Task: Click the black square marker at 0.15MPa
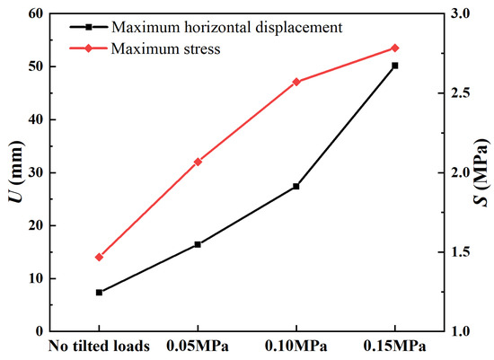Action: click(394, 66)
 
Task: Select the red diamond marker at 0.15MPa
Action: click(394, 48)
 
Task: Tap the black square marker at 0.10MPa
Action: click(296, 187)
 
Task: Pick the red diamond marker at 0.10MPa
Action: click(296, 82)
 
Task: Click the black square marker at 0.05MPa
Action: click(198, 244)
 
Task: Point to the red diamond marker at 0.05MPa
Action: click(198, 162)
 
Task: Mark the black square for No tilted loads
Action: click(99, 293)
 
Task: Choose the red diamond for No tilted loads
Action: click(99, 258)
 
